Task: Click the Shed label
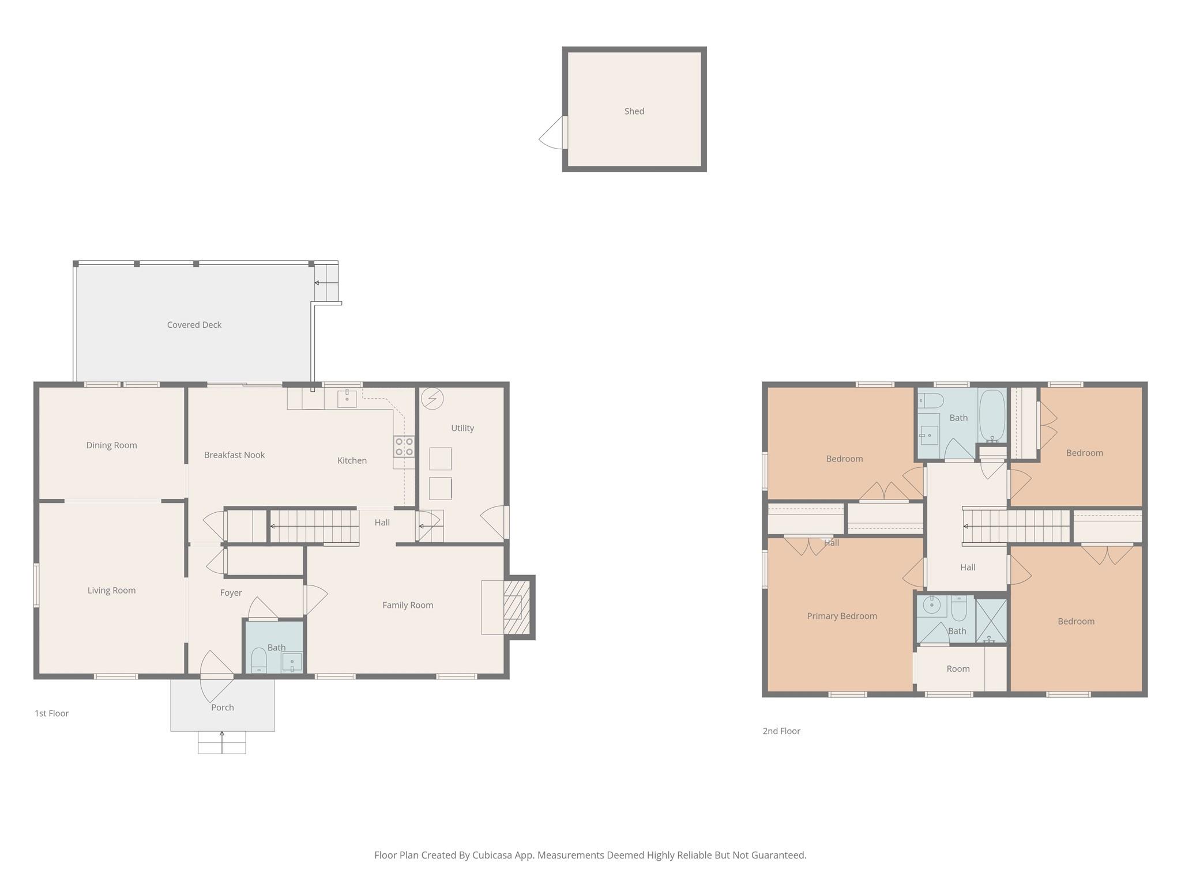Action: click(634, 111)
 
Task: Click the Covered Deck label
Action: click(194, 325)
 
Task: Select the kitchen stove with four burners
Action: click(404, 447)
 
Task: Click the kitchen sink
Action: click(347, 398)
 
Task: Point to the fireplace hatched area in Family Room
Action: click(517, 607)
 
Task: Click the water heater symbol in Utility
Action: click(432, 398)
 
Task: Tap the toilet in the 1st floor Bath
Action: click(258, 660)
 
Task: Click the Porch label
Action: click(222, 708)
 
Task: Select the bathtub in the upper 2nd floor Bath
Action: click(992, 416)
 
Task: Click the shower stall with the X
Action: click(991, 621)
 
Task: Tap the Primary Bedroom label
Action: click(841, 616)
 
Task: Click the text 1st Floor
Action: click(51, 713)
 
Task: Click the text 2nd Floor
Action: click(781, 731)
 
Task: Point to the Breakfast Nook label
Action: click(234, 455)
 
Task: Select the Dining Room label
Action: click(111, 445)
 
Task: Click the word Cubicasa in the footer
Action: click(494, 855)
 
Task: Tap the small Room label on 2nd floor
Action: click(958, 669)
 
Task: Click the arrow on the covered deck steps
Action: click(318, 283)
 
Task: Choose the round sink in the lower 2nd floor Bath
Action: click(931, 605)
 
